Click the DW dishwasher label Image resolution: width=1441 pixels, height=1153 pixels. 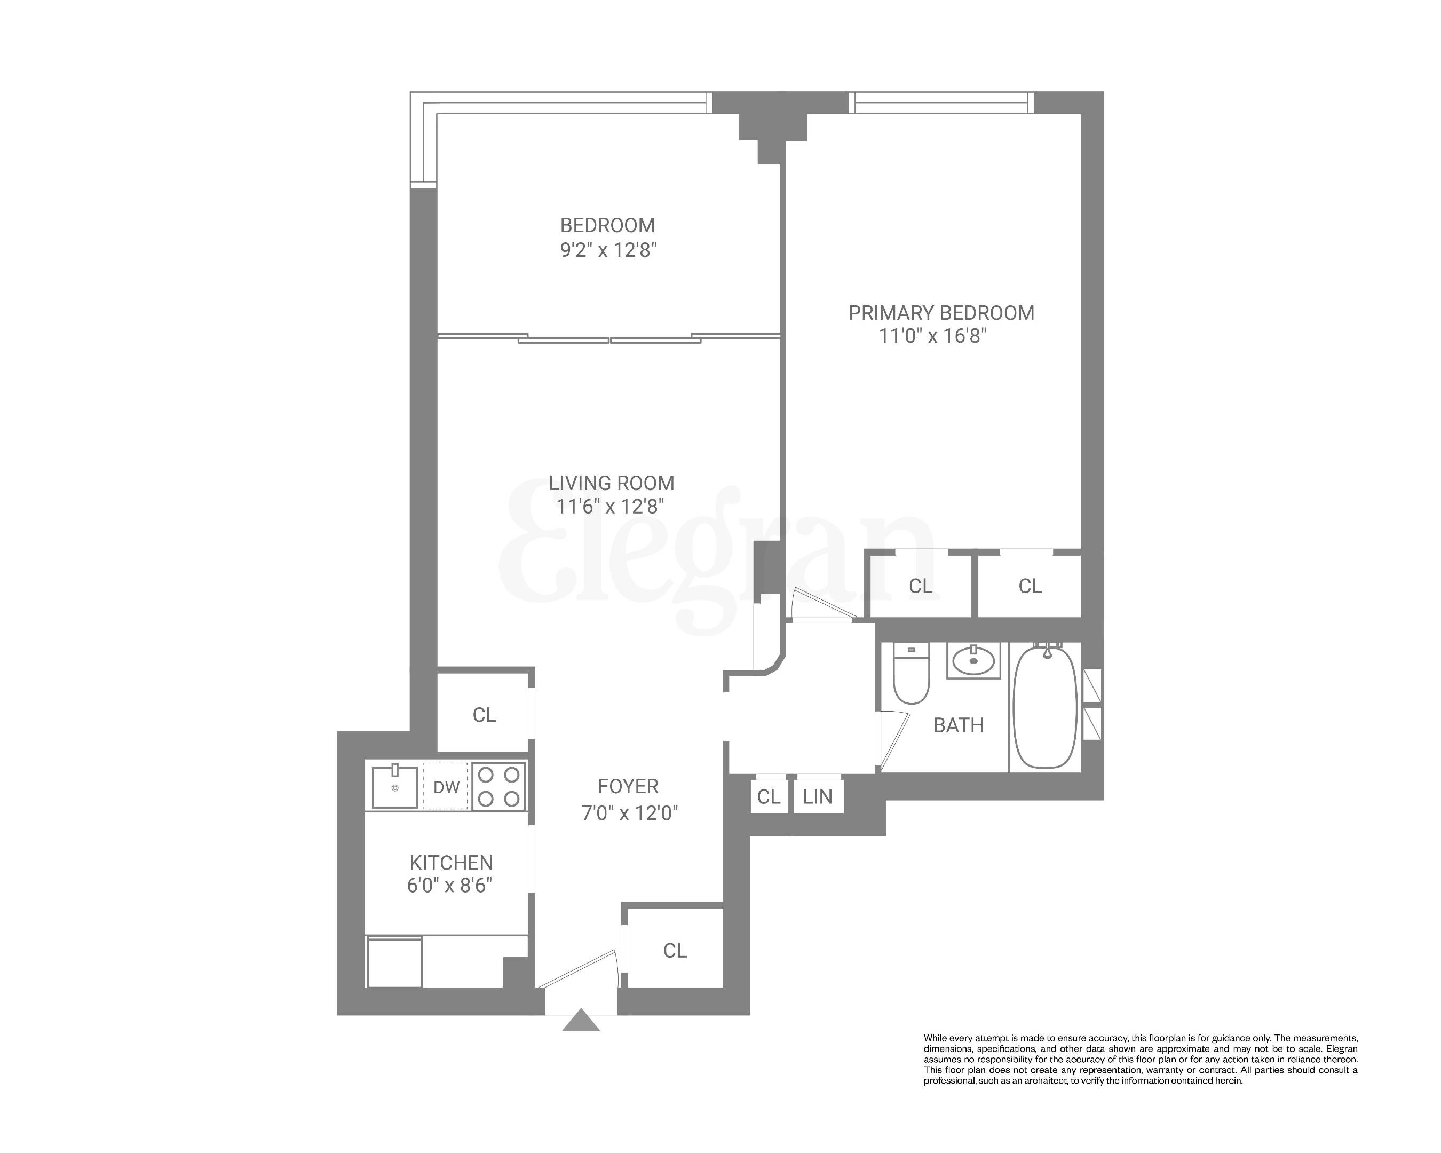coord(446,787)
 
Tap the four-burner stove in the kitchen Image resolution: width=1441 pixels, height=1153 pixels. coord(498,787)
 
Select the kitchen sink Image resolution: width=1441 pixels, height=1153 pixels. coord(394,787)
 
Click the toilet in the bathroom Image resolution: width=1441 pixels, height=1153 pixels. coord(911,673)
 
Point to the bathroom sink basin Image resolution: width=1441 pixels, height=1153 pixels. coord(973,662)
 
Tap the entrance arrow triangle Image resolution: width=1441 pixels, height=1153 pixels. coord(581,1021)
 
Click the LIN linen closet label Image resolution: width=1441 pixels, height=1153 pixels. coord(818,797)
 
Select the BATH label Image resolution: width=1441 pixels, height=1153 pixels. coord(959,725)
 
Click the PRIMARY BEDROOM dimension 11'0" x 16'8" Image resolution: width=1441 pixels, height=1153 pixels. coord(932,336)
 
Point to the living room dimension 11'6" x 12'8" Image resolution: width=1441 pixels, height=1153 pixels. coord(610,507)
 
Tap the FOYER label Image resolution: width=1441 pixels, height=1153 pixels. coord(628,786)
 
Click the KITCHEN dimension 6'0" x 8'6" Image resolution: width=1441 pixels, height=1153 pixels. coord(450,886)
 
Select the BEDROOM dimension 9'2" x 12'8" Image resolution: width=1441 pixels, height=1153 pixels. coord(608,250)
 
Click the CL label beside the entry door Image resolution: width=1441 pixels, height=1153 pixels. coord(675,951)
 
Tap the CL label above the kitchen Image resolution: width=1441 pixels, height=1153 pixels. coord(484,715)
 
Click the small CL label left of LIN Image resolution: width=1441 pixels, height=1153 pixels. coord(769,797)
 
